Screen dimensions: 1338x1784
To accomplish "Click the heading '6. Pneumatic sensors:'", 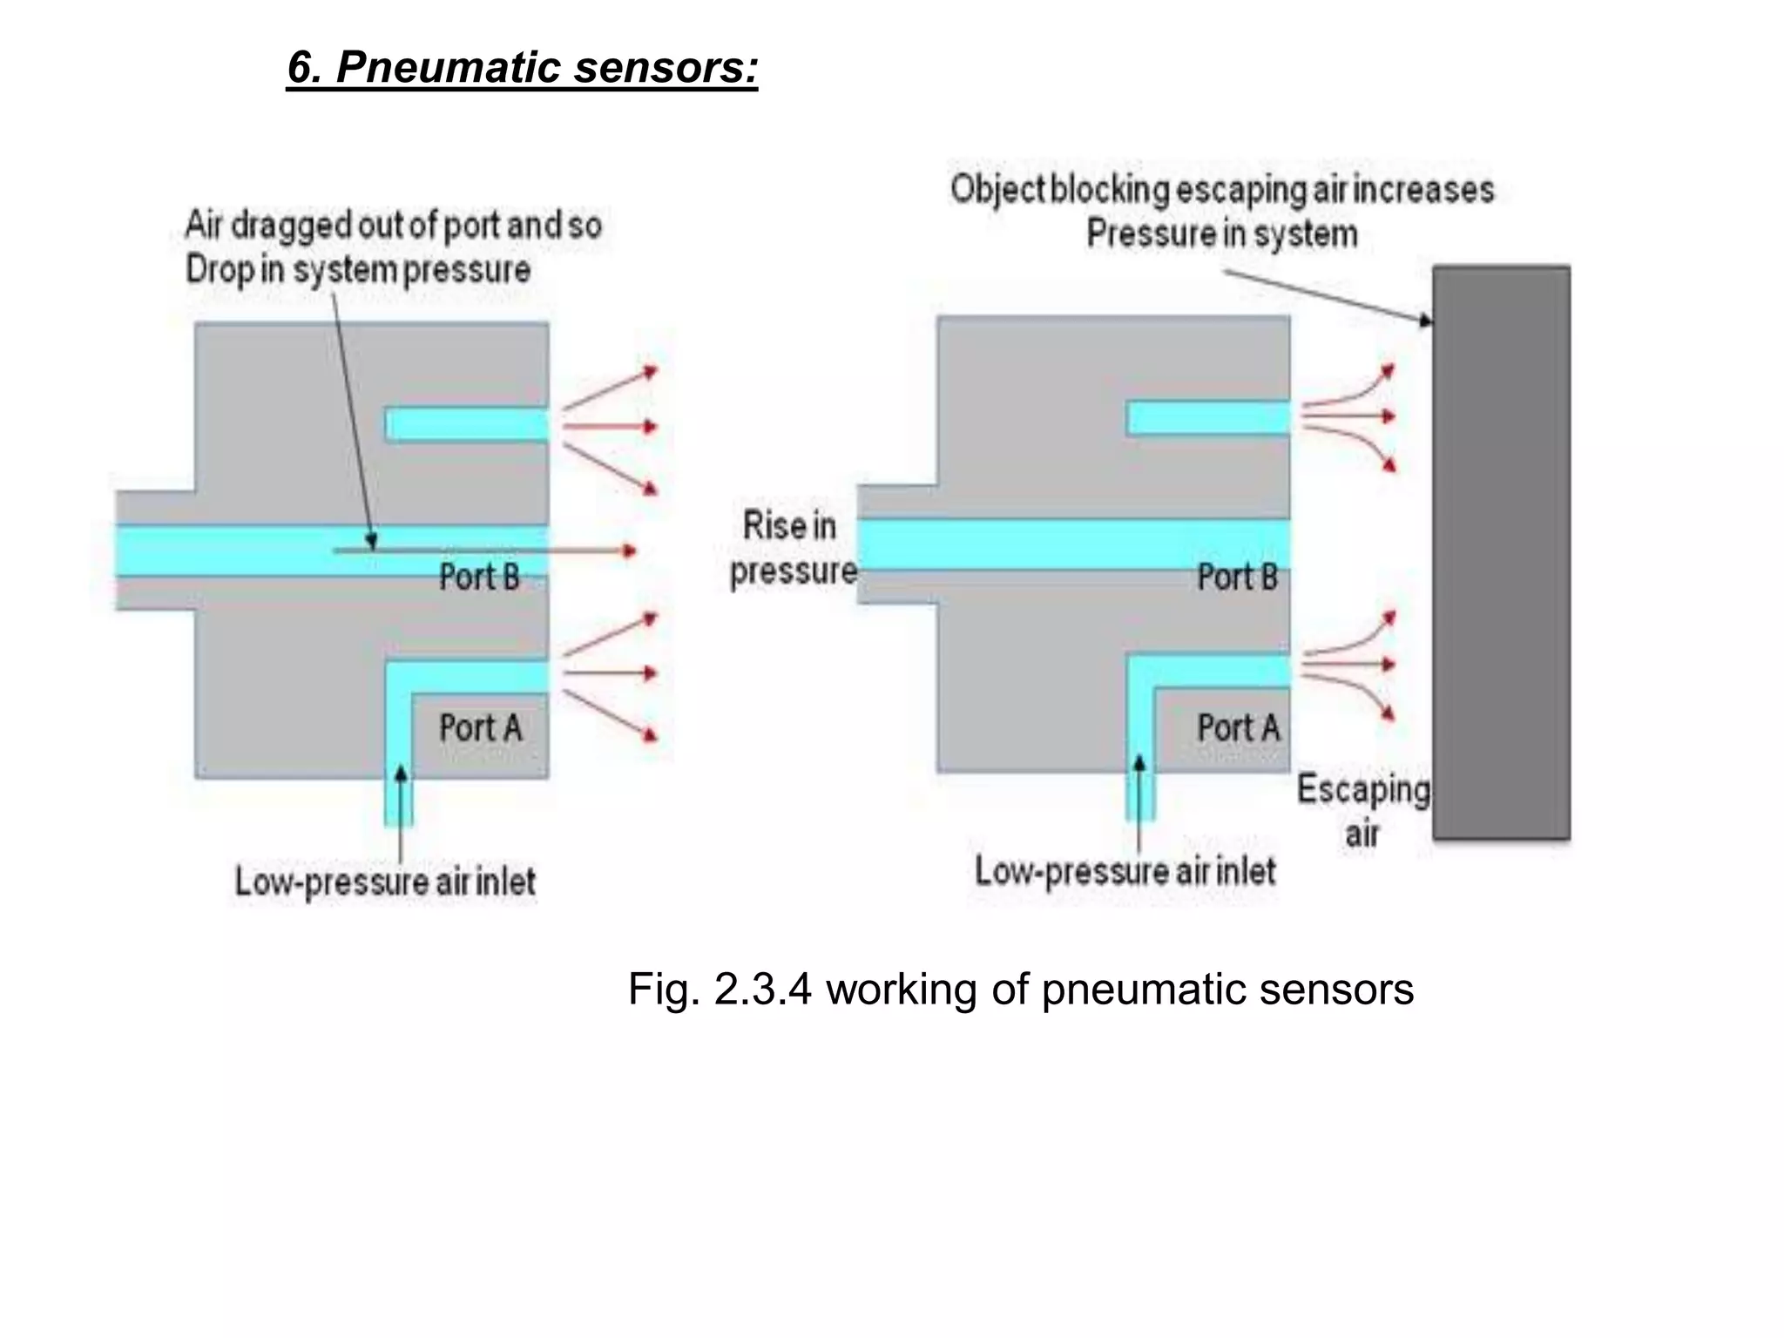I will (523, 67).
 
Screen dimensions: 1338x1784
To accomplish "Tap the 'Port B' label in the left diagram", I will (479, 577).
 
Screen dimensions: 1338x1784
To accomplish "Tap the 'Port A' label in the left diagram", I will (480, 728).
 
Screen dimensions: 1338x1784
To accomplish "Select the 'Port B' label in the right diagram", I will (1237, 577).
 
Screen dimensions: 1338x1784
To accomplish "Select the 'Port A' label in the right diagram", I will (1238, 728).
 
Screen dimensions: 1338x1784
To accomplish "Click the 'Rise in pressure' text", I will (792, 549).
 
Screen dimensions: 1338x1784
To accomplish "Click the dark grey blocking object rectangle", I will (1501, 553).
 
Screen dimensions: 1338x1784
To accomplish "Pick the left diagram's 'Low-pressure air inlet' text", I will (385, 882).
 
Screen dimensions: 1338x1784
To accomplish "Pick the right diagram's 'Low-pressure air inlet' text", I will (1125, 871).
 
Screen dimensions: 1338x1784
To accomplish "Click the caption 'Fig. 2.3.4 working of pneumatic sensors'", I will (1020, 990).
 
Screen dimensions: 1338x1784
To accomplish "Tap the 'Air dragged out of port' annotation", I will (393, 226).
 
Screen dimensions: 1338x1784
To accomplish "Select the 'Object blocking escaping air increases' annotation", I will (1221, 190).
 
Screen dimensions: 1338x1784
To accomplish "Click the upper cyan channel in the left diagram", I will (468, 425).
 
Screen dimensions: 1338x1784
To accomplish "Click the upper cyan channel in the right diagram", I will (1208, 418).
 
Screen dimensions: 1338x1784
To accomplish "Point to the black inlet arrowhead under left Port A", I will (400, 774).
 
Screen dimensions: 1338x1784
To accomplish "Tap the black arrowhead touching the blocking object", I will (1425, 321).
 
